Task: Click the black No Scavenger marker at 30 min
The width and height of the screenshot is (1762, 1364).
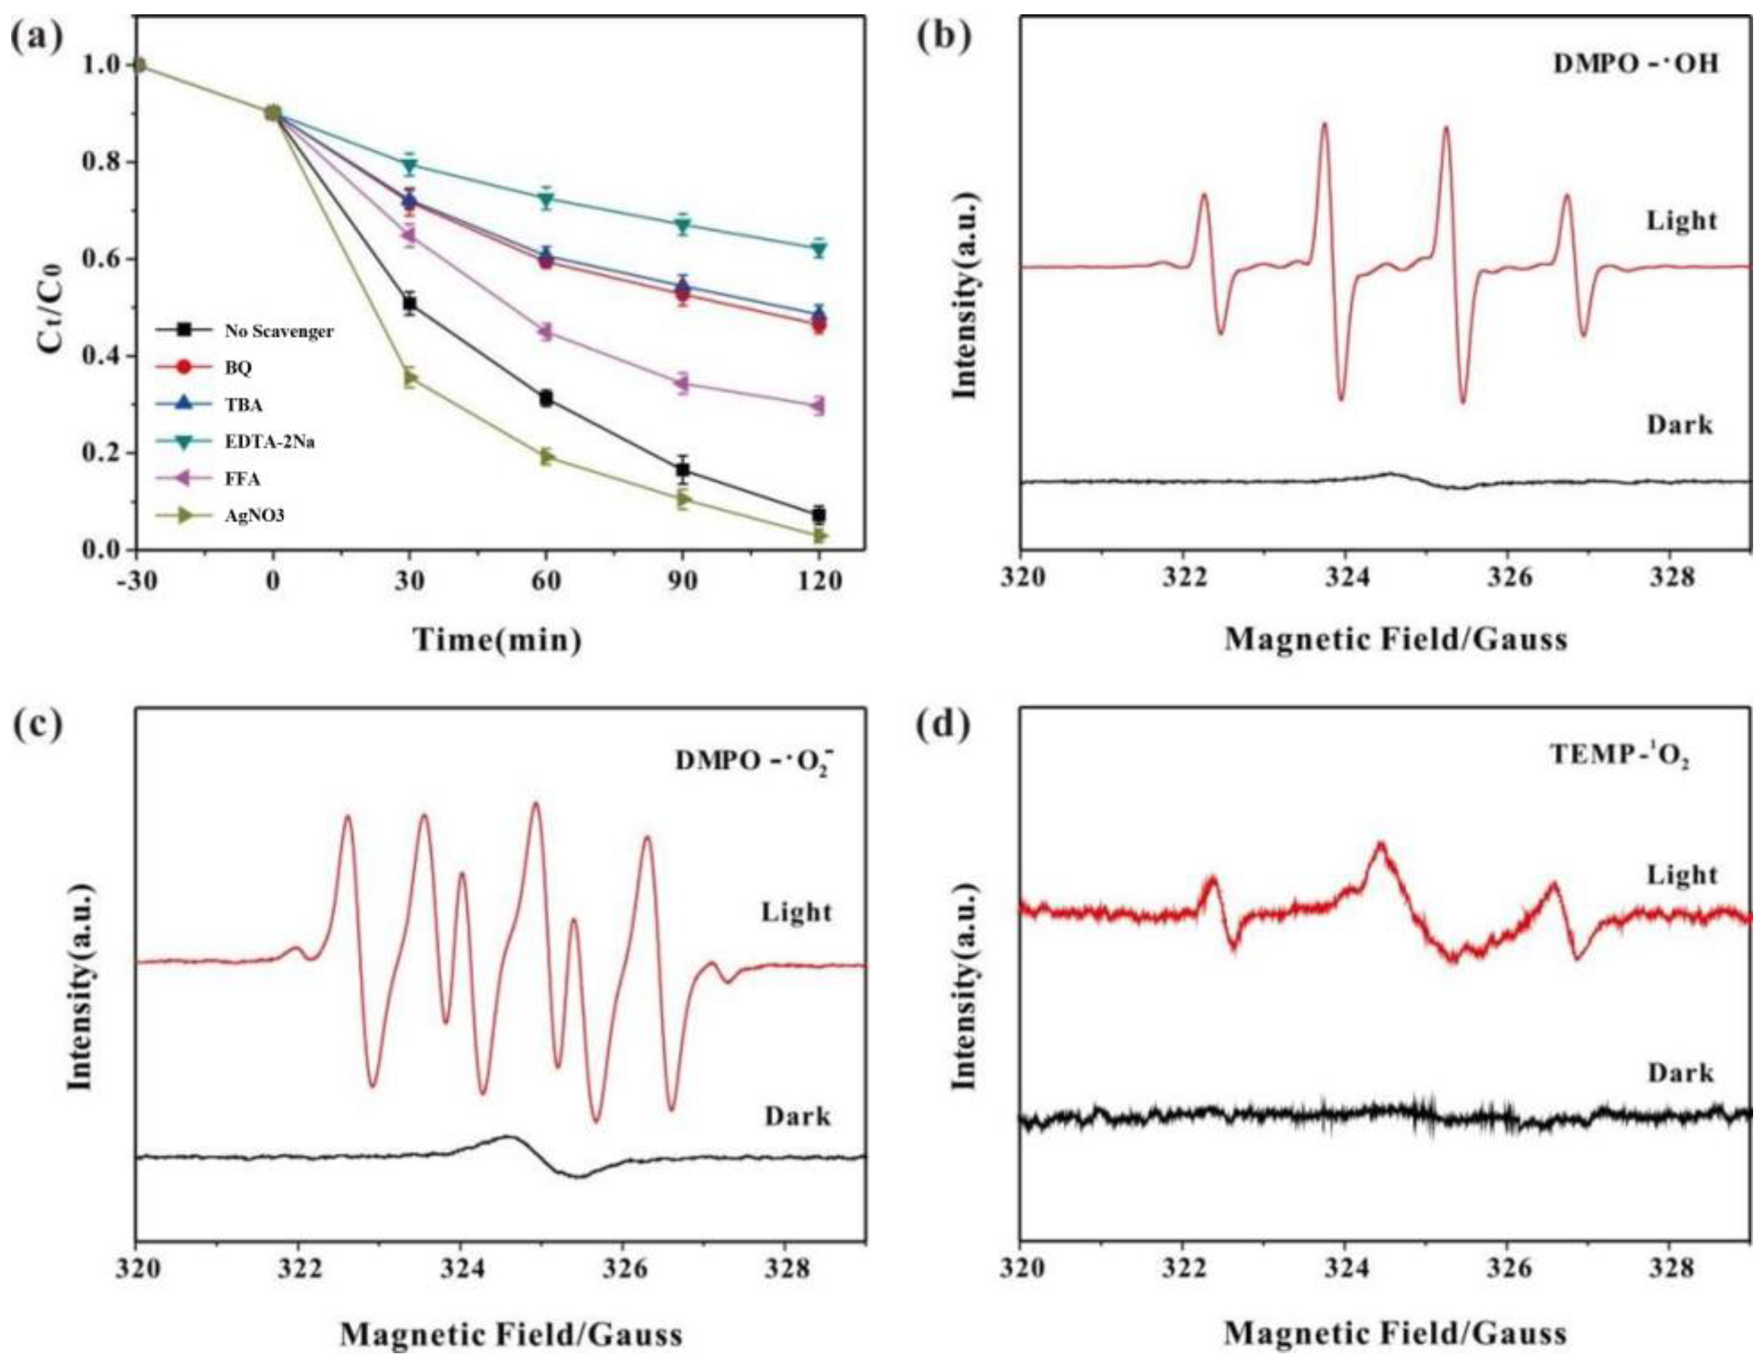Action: click(410, 303)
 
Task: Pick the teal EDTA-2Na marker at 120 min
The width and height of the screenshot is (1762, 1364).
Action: click(819, 249)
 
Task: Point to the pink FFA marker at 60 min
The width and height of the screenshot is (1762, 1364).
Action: click(546, 331)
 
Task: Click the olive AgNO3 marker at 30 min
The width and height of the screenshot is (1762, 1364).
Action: click(410, 378)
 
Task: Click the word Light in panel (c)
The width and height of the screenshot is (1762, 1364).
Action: click(796, 913)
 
